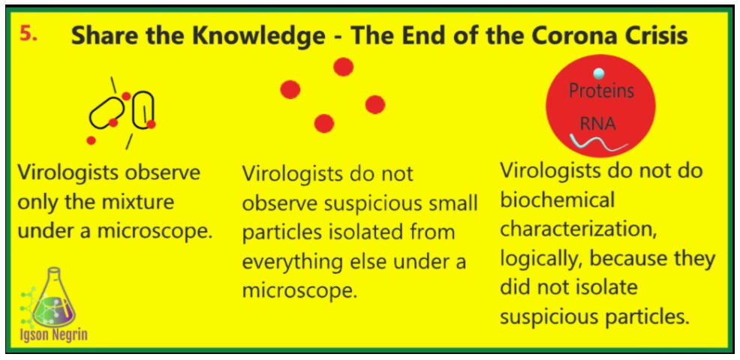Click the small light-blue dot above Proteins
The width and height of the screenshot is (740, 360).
tap(598, 73)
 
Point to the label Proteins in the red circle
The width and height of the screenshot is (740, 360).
tap(601, 91)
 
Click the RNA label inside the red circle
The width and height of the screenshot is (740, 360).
tap(598, 124)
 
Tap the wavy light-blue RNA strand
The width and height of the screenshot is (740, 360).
tap(598, 142)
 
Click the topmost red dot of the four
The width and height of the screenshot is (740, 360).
tap(343, 67)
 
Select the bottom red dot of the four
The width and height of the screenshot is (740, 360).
tap(324, 124)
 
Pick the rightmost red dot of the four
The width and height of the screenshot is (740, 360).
tap(375, 104)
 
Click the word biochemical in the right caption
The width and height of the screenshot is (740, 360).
tap(558, 201)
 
